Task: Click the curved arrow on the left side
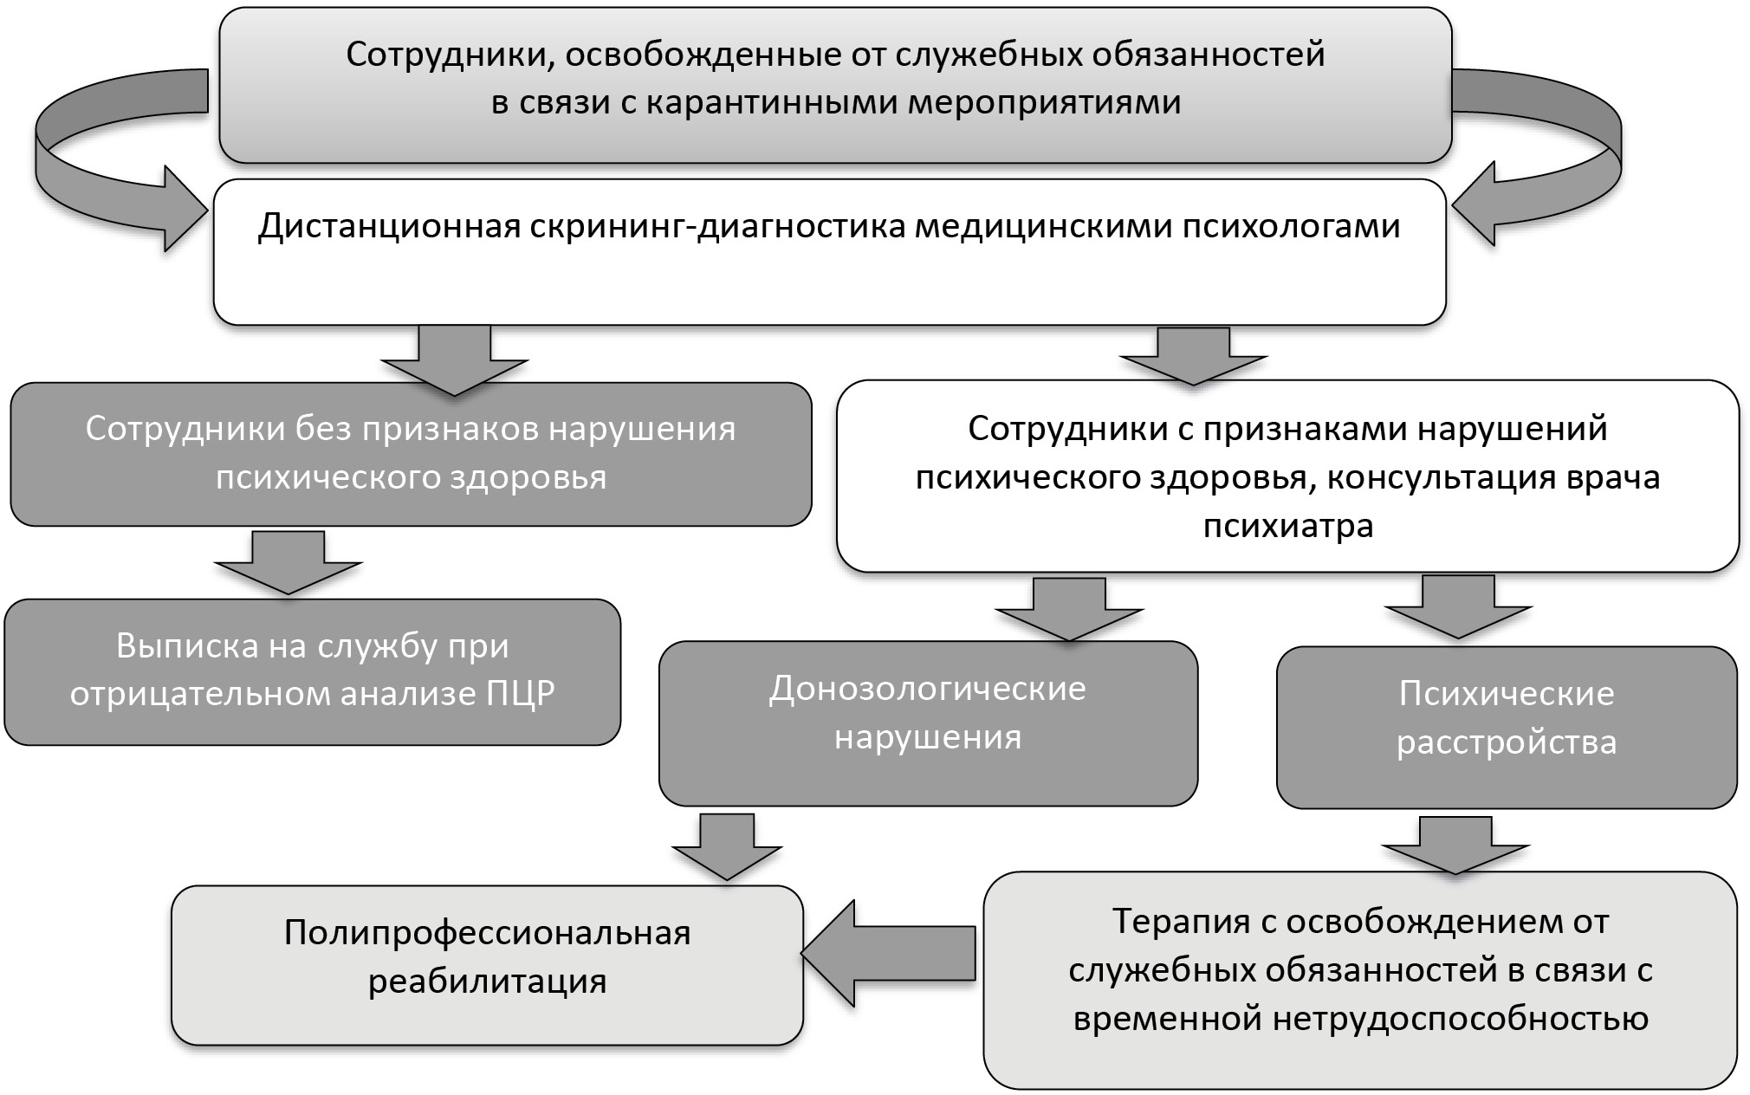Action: coord(95,165)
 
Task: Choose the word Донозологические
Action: coord(927,689)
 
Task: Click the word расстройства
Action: coord(1506,742)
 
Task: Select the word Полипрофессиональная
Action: coord(487,933)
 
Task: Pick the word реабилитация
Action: coord(487,982)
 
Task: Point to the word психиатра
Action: coord(1287,526)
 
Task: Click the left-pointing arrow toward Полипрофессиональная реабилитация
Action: coord(888,953)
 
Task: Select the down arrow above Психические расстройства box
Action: coord(1458,607)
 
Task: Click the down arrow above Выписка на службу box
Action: coord(288,562)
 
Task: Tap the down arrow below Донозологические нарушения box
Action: coord(727,846)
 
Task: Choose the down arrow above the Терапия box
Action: coord(1455,845)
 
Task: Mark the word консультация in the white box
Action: coord(1424,477)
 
